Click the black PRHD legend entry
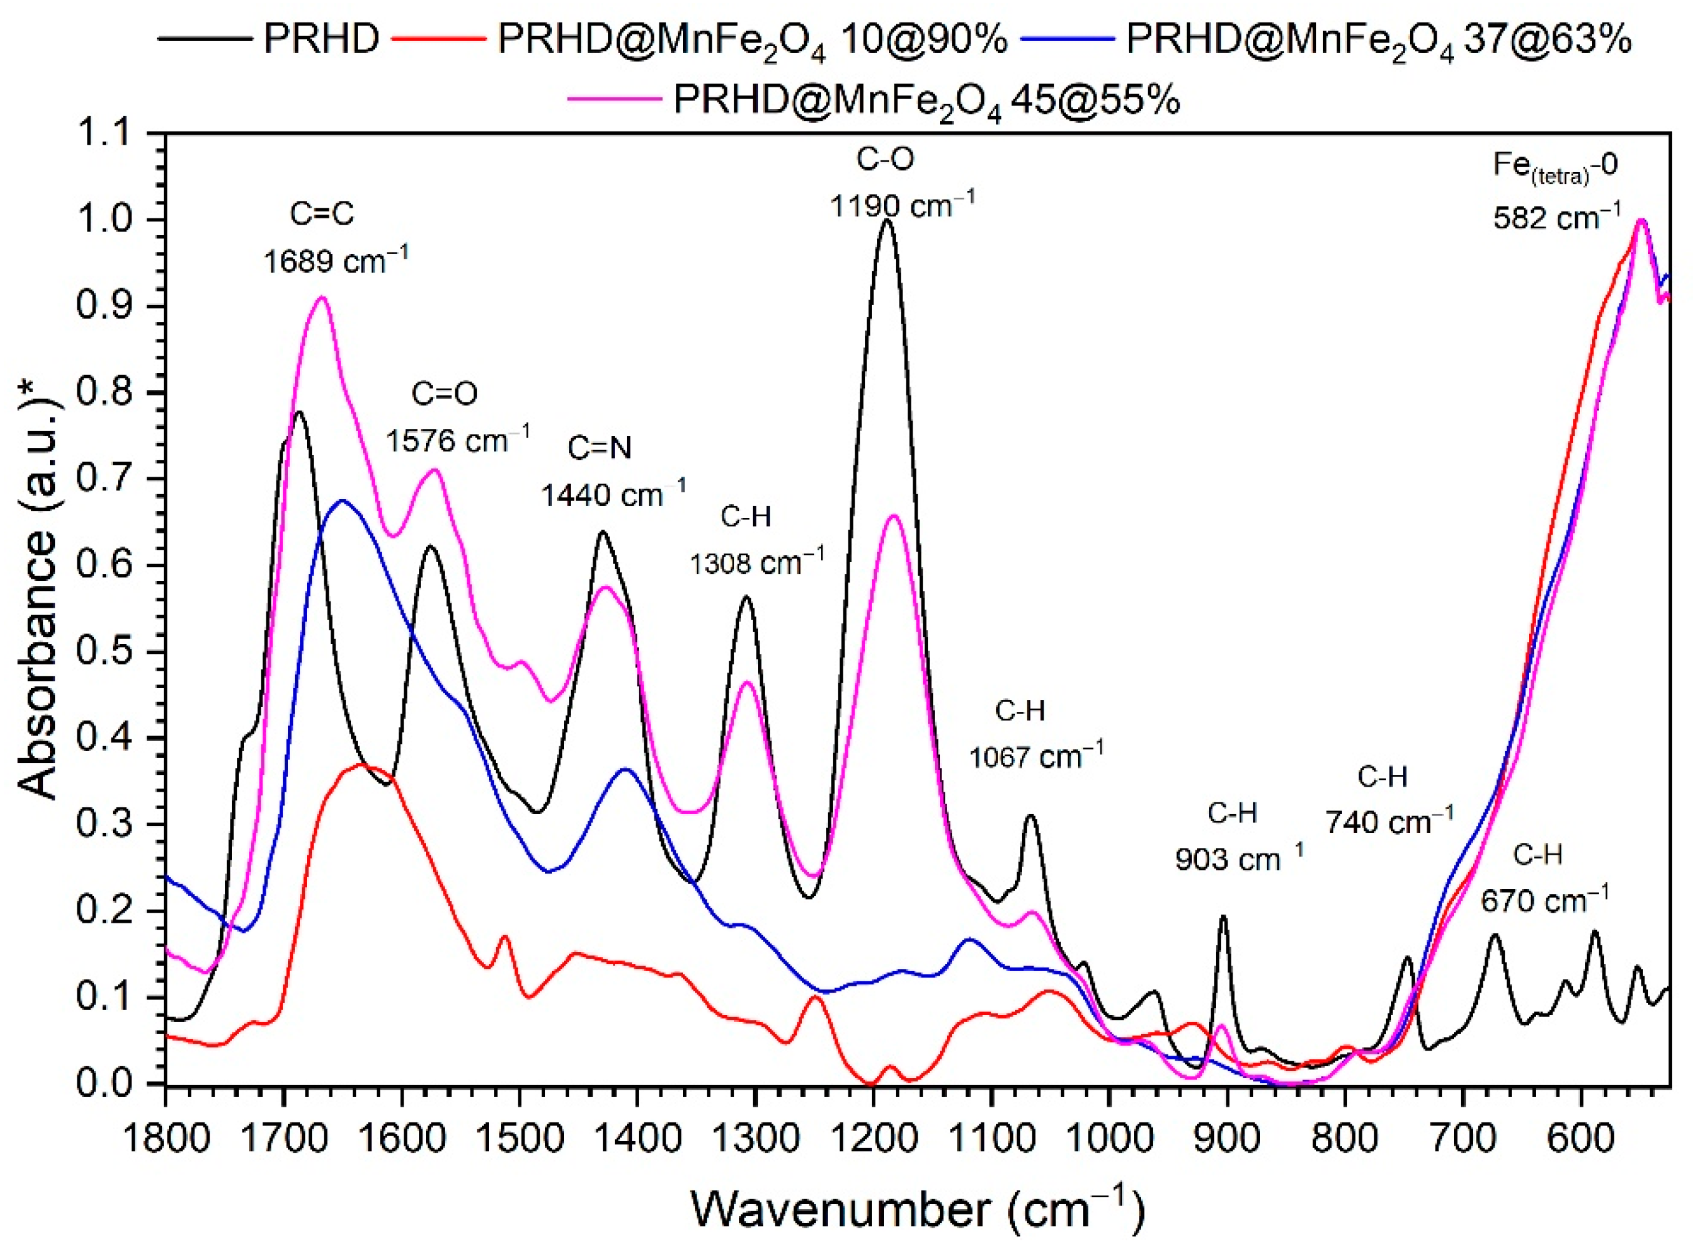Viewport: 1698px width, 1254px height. coord(319,38)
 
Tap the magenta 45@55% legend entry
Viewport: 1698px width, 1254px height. coord(926,99)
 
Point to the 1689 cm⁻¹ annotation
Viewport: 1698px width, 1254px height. coord(336,261)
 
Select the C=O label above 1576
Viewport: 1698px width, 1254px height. coord(445,393)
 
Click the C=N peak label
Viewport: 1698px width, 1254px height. coord(599,448)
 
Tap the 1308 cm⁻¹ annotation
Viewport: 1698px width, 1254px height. coord(756,563)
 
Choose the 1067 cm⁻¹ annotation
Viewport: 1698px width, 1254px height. coord(1036,756)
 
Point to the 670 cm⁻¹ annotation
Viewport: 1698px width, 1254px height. coord(1544,901)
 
